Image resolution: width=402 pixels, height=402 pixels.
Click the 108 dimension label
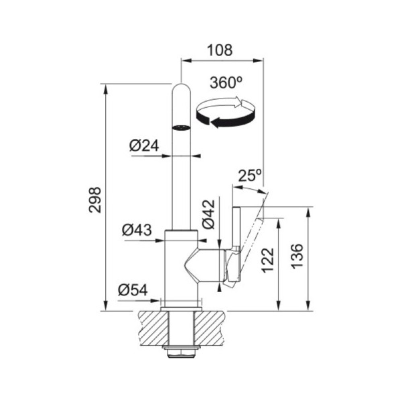[x=220, y=50]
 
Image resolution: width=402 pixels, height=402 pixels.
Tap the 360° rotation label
[x=226, y=82]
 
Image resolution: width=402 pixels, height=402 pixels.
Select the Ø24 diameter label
[x=144, y=146]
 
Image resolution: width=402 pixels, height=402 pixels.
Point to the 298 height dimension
[x=95, y=200]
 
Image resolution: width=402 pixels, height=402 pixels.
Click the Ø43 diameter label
[x=137, y=230]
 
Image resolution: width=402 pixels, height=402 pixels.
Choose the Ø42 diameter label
[x=208, y=214]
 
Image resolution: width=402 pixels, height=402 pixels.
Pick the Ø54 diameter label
[x=133, y=291]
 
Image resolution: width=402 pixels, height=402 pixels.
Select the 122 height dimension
[x=268, y=260]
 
